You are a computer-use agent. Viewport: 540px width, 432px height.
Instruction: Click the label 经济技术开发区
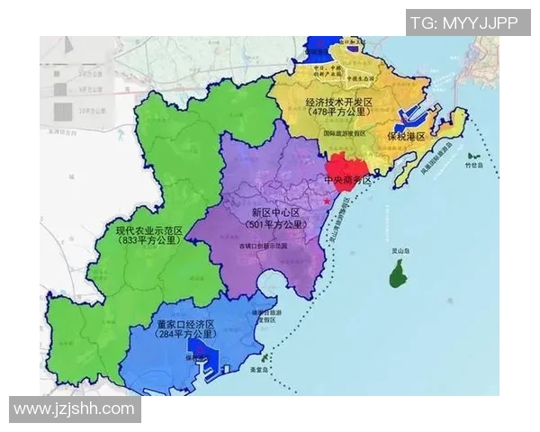click(x=339, y=103)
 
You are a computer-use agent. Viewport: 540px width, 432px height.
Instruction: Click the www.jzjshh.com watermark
click(x=74, y=409)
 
